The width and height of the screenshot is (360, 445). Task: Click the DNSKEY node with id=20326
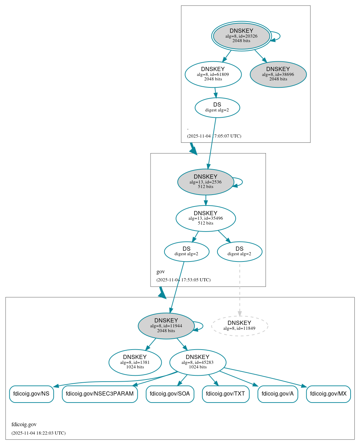point(241,36)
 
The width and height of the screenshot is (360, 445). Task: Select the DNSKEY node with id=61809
point(213,74)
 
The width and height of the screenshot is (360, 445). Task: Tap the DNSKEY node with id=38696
point(278,74)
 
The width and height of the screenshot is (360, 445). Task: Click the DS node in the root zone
point(217,108)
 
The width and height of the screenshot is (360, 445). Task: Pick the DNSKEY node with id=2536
point(205,182)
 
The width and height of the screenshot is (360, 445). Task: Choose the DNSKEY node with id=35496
point(206,218)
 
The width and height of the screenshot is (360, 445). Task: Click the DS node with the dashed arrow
point(239,251)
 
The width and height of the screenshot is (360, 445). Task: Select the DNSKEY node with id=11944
point(166,326)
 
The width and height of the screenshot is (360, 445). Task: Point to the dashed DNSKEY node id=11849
point(239,326)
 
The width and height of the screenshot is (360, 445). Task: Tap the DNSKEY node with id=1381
point(135,362)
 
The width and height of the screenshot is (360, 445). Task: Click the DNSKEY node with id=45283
point(198,362)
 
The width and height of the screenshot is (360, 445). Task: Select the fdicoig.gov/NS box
point(31,394)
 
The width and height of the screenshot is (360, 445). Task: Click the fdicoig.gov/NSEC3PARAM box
point(100,394)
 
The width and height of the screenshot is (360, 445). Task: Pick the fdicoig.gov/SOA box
point(170,394)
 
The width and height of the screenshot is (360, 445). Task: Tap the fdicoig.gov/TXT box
point(225,394)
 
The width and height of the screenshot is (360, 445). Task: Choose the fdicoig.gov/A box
point(278,394)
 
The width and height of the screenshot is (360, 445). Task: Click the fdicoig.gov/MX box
point(328,394)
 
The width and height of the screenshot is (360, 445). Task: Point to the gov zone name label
point(161,272)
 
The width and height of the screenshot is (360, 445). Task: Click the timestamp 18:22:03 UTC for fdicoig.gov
point(38,433)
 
